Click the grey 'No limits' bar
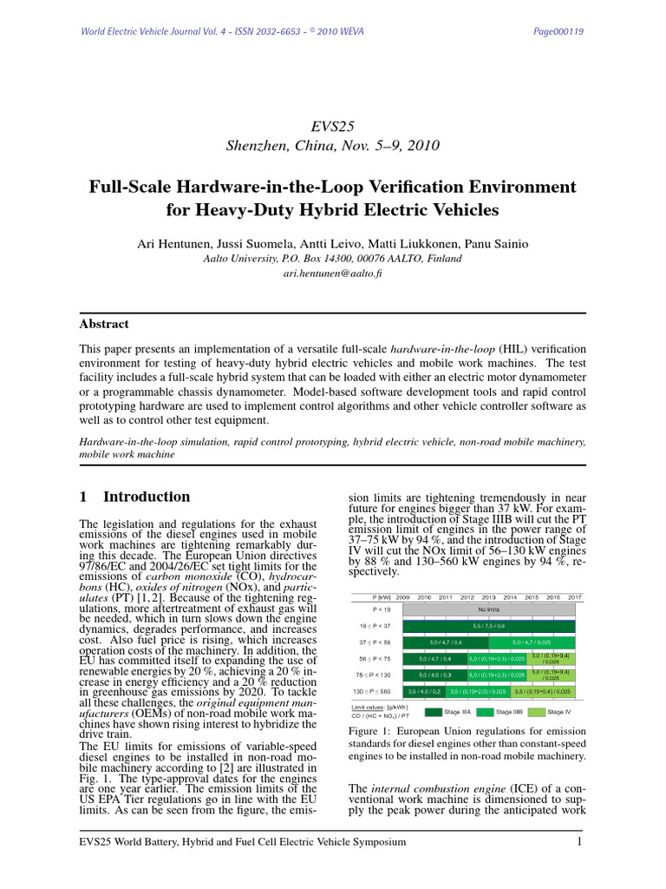pos(488,610)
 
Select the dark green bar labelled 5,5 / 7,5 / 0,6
pos(488,625)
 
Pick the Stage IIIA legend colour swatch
pos(434,712)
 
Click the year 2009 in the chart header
pos(403,597)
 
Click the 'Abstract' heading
pos(103,324)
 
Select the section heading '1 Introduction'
pos(134,497)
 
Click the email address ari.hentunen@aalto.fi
pos(332,273)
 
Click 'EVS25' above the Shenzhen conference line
pos(332,127)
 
